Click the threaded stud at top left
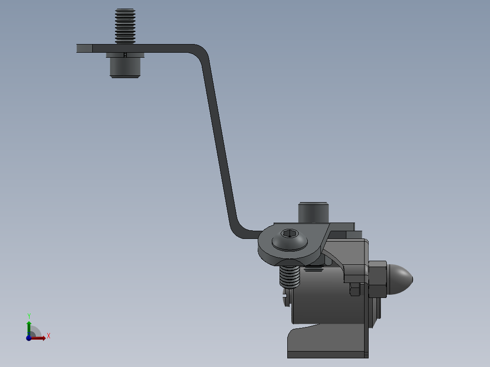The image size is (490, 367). (x=125, y=26)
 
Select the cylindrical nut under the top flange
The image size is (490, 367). (x=125, y=68)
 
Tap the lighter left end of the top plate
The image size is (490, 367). (x=85, y=48)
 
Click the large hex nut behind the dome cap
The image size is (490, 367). (x=378, y=279)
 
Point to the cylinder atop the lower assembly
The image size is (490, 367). (x=313, y=213)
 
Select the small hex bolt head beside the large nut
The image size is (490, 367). (x=355, y=289)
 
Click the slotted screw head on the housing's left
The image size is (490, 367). (x=285, y=298)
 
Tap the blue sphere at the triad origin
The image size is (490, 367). (x=29, y=338)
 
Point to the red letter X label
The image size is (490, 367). (x=48, y=336)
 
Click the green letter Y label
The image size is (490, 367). (x=29, y=316)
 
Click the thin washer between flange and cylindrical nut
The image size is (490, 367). (x=125, y=55)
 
